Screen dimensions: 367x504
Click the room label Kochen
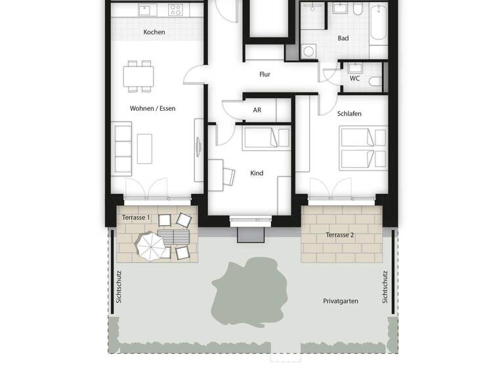click(x=154, y=32)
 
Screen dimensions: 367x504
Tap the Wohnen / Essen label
click(x=152, y=108)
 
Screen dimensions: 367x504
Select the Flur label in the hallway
click(x=264, y=75)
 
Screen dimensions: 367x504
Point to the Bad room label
click(x=343, y=38)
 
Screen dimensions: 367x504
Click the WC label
click(x=354, y=79)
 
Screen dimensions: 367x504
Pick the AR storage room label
click(x=257, y=110)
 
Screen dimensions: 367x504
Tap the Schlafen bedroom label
click(x=349, y=113)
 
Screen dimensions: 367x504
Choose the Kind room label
click(x=257, y=173)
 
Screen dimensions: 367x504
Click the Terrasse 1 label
click(x=136, y=217)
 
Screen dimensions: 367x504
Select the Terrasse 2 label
click(x=340, y=234)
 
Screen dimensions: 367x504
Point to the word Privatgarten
click(x=341, y=301)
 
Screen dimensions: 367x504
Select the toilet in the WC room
click(x=375, y=81)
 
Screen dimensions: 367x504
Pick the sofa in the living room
click(x=123, y=148)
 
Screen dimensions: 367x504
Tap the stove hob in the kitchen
click(x=175, y=10)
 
